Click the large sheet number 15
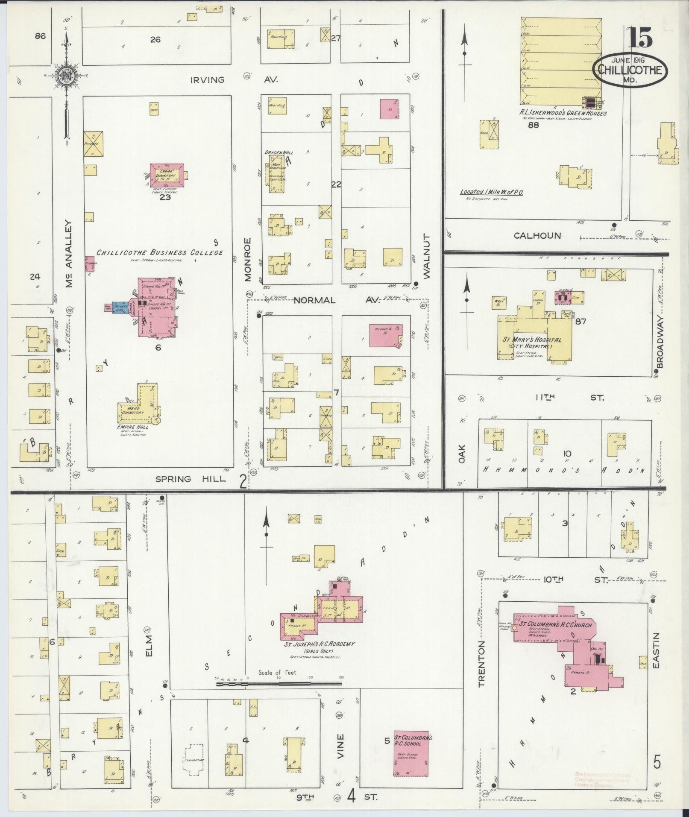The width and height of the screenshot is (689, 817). [x=640, y=39]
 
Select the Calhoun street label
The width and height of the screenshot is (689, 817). [x=537, y=235]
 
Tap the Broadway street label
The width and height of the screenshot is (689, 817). [x=660, y=342]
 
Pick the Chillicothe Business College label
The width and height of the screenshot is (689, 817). [x=159, y=252]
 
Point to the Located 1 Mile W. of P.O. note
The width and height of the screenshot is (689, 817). [x=491, y=192]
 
